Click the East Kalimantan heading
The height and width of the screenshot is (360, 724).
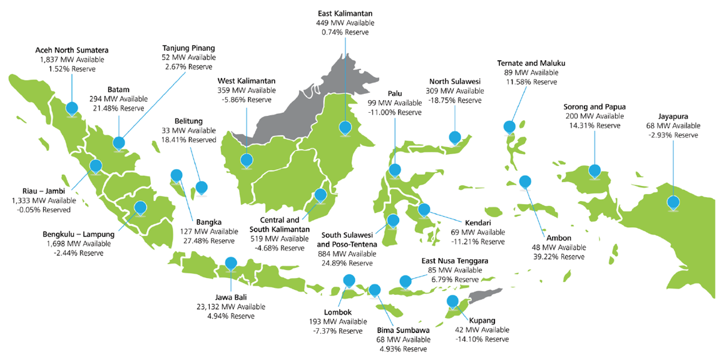(345, 13)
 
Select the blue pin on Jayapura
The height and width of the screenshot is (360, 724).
(673, 202)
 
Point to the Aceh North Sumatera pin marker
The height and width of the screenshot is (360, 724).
(72, 108)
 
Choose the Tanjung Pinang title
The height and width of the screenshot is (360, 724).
(189, 48)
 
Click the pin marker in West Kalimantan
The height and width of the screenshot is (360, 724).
(247, 160)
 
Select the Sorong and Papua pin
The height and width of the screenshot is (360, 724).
(594, 170)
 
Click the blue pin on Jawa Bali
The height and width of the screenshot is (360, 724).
(231, 264)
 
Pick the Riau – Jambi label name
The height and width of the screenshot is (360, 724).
(43, 191)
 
